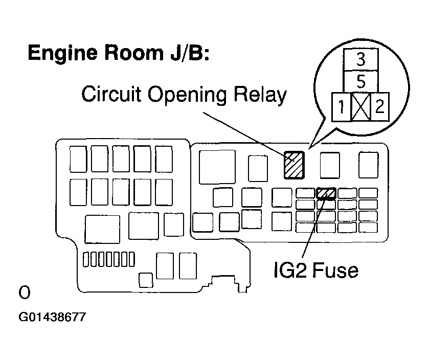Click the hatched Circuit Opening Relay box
point(294,165)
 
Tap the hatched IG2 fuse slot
point(326,193)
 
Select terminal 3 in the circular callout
point(360,60)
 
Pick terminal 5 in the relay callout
point(360,81)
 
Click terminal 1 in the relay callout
point(341,107)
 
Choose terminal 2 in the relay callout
point(380,107)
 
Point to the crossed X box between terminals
point(360,107)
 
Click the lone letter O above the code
point(24,292)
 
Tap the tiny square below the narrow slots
point(146,279)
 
